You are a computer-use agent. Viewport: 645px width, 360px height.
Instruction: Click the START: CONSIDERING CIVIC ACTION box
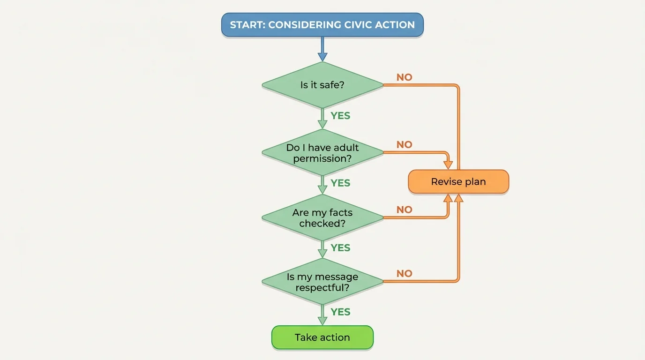322,25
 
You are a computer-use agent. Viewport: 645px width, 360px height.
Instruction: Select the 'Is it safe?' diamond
322,85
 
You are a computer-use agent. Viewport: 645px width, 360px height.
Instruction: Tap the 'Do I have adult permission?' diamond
322,153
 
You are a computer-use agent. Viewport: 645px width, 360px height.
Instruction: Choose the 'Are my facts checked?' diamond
322,218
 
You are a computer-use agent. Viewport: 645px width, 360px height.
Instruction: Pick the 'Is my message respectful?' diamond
322,282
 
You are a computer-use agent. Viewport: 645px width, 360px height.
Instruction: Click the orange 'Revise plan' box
458,182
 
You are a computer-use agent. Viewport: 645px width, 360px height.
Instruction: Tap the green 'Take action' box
322,337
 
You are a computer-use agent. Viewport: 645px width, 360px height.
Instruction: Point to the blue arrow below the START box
322,49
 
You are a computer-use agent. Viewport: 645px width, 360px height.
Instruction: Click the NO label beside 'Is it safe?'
404,77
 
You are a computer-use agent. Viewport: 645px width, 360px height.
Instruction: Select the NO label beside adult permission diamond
404,145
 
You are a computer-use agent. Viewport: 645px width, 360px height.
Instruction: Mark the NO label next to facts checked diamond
404,210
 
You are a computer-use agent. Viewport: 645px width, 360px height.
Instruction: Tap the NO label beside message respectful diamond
404,274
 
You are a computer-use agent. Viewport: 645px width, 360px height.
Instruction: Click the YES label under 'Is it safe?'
340,116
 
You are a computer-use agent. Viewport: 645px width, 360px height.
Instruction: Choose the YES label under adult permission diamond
340,183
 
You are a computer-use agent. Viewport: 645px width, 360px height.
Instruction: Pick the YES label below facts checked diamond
340,247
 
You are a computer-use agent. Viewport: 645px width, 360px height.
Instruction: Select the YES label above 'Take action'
340,312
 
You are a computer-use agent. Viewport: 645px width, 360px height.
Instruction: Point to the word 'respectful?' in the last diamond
322,288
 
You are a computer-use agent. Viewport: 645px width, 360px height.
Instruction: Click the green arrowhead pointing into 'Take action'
322,321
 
